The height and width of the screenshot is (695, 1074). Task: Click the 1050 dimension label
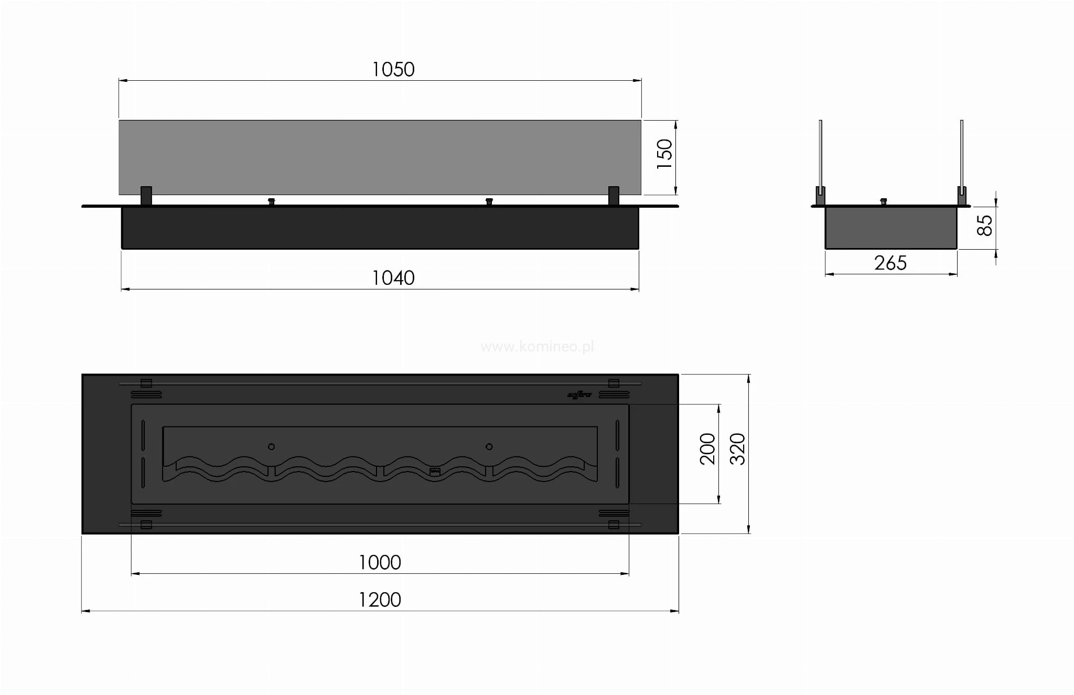[x=393, y=69]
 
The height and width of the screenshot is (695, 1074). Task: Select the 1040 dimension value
[x=393, y=277]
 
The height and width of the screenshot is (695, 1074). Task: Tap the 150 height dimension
[x=664, y=154]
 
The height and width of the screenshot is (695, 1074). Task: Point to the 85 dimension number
[x=985, y=226]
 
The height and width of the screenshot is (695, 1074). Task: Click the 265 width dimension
[x=890, y=263]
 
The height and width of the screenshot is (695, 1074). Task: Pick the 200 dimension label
[x=707, y=448]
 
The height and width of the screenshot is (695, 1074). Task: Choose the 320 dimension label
[x=737, y=448]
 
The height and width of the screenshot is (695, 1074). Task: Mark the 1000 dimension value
[x=380, y=562]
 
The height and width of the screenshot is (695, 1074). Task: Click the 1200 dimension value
[x=380, y=600]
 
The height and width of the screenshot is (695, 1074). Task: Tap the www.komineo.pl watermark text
[x=537, y=347]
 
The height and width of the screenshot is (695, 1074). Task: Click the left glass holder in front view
[x=146, y=196]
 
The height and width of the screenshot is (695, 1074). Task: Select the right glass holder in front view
[x=614, y=196]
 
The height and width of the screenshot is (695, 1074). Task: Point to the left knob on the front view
[x=271, y=201]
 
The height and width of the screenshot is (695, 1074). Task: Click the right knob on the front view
[x=489, y=201]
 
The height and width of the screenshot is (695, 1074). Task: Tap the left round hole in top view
[x=271, y=447]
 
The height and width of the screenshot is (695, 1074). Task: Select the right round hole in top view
[x=489, y=447]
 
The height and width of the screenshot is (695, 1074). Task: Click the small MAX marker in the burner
[x=435, y=471]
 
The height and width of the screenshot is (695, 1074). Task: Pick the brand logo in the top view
[x=579, y=395]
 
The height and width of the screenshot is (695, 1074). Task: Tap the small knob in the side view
[x=884, y=201]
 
